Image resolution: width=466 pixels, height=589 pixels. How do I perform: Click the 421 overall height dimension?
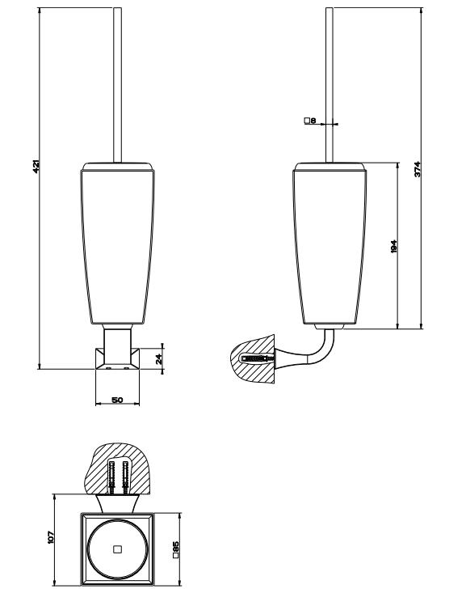(36, 167)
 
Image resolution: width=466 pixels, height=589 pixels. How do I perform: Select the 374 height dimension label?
(418, 169)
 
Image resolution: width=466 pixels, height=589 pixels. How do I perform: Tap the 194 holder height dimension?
(393, 246)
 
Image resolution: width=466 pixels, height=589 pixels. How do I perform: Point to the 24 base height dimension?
(159, 358)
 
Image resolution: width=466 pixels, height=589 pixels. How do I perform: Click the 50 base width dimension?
(117, 400)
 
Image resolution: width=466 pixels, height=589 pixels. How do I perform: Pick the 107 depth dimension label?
(51, 536)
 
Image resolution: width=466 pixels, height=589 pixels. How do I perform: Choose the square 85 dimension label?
(175, 549)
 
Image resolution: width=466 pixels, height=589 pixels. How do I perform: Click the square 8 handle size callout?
(310, 121)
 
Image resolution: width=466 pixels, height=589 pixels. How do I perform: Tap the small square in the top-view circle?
(117, 549)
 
